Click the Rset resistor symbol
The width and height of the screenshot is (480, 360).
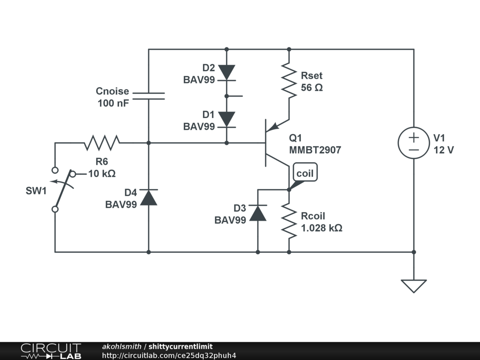(x=289, y=81)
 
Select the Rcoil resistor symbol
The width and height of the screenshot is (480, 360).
(x=289, y=221)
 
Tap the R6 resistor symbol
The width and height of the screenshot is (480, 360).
(x=102, y=142)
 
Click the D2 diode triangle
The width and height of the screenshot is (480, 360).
(x=226, y=72)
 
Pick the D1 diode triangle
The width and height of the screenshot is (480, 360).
(x=226, y=119)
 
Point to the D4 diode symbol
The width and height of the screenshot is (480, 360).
(x=149, y=197)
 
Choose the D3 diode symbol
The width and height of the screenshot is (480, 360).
(x=258, y=213)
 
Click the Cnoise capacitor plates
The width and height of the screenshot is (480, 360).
(x=149, y=96)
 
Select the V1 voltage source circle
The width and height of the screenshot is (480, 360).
(x=413, y=142)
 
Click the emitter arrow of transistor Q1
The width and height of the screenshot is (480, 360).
(x=274, y=126)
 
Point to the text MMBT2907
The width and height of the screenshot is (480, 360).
(x=315, y=150)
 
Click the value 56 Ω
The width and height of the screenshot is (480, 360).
(x=312, y=87)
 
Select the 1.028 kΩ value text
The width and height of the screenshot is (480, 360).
(x=322, y=228)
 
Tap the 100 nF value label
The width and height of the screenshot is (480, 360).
(x=113, y=103)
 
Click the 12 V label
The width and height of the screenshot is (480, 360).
(x=443, y=150)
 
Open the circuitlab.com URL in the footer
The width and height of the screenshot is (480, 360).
(x=169, y=355)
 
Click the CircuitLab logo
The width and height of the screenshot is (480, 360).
(x=51, y=351)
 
